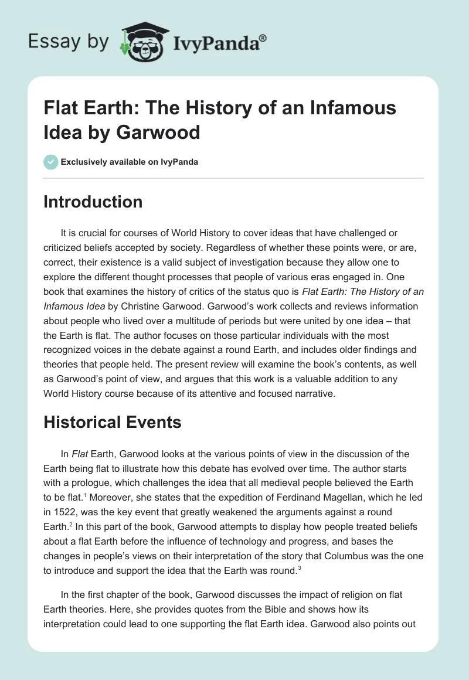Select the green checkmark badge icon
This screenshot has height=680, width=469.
(x=51, y=162)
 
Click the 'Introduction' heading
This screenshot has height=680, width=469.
(x=93, y=202)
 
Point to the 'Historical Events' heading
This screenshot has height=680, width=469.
(x=113, y=422)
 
